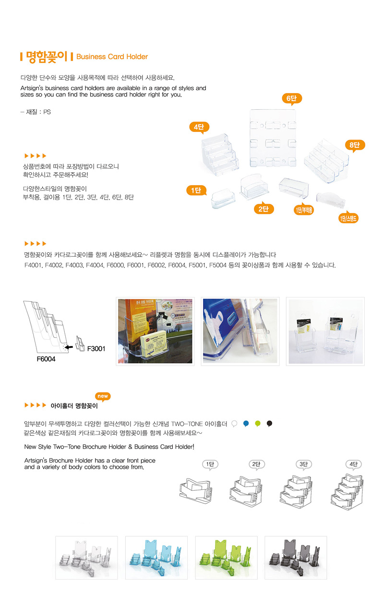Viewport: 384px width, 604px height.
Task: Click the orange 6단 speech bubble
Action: pyautogui.click(x=292, y=98)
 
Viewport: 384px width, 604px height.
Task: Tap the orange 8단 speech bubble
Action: pyautogui.click(x=355, y=145)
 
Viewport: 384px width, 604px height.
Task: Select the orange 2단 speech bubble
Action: pyautogui.click(x=264, y=209)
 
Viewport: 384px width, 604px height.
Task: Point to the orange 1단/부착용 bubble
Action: pyautogui.click(x=304, y=210)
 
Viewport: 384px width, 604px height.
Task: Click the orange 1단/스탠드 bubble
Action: pyautogui.click(x=348, y=218)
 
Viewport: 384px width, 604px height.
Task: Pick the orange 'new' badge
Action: pyautogui.click(x=103, y=396)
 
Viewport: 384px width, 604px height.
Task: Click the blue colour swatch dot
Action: pyautogui.click(x=246, y=423)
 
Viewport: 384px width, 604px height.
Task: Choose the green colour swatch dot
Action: pyautogui.click(x=258, y=423)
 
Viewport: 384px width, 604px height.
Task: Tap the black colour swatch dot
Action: pyautogui.click(x=269, y=423)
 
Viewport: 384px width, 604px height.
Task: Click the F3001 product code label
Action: pyautogui.click(x=96, y=349)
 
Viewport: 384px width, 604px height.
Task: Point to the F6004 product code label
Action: pyautogui.click(x=46, y=359)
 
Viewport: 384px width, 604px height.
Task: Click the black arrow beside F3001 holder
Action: pyautogui.click(x=69, y=347)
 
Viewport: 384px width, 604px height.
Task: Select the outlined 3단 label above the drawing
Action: pyautogui.click(x=303, y=464)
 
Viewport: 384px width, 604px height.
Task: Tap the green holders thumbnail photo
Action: pyautogui.click(x=227, y=557)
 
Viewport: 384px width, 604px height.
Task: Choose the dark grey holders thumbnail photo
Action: pyautogui.click(x=296, y=557)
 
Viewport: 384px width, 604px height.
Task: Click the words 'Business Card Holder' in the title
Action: pyautogui.click(x=112, y=57)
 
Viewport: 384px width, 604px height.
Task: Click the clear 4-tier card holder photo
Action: pyautogui.click(x=220, y=155)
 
